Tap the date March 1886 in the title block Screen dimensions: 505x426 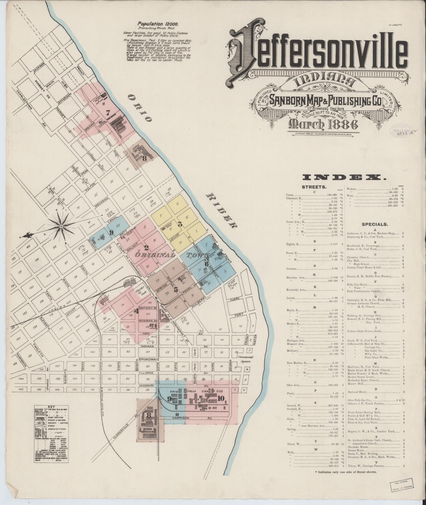324,124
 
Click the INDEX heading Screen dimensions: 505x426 344,177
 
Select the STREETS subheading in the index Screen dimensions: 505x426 314,187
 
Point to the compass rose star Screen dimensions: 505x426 61,226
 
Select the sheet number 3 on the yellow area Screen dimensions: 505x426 180,225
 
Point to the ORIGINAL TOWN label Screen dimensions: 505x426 169,255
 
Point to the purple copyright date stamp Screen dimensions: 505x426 399,130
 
